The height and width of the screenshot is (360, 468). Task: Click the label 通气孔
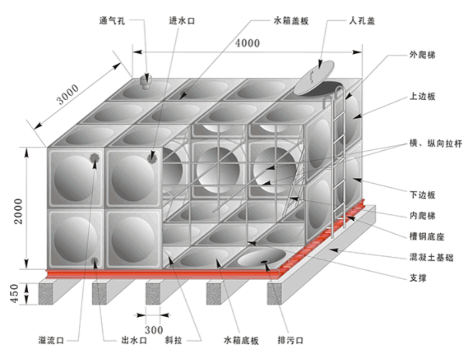click(x=112, y=21)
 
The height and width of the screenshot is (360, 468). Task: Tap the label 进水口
click(x=182, y=21)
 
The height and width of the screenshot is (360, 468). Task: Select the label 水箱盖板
click(x=291, y=21)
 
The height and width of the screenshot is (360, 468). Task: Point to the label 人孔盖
click(x=362, y=21)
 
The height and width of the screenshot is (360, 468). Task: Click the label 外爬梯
click(x=422, y=55)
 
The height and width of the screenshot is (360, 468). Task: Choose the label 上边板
click(x=422, y=96)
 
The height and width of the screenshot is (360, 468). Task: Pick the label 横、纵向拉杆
click(x=436, y=143)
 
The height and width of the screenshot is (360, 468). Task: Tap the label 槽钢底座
click(x=427, y=237)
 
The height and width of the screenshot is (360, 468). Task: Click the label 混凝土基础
click(x=431, y=257)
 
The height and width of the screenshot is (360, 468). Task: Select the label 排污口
click(x=291, y=340)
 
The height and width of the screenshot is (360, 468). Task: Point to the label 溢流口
click(x=51, y=340)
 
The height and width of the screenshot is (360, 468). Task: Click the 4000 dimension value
click(x=247, y=43)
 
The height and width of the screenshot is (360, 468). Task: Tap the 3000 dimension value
click(x=68, y=94)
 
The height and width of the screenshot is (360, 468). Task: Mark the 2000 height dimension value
click(x=18, y=211)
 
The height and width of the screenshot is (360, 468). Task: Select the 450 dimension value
click(x=15, y=293)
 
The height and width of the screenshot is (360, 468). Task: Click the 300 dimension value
click(x=154, y=330)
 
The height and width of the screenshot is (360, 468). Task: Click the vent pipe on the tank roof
click(x=146, y=81)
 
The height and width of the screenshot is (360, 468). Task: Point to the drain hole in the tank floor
click(x=264, y=262)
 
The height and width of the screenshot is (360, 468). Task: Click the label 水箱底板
click(x=241, y=340)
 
